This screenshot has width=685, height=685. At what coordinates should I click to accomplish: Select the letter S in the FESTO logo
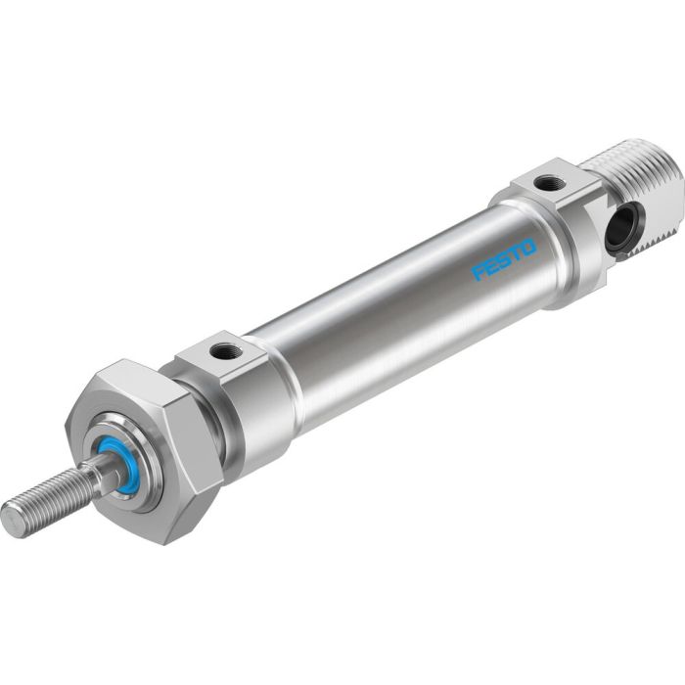pyautogui.click(x=504, y=259)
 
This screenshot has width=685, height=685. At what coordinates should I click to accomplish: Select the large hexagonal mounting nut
pyautogui.click(x=147, y=445)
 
